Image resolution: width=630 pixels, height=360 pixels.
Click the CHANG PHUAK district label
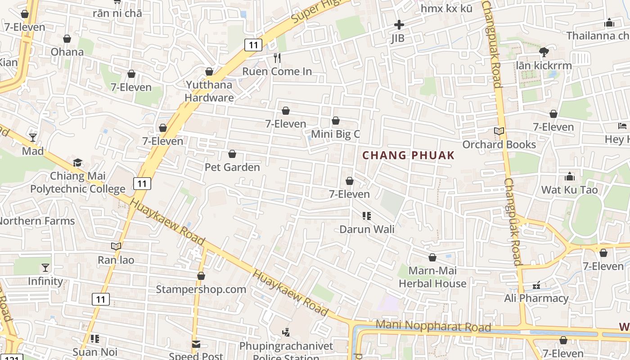[x=408, y=155]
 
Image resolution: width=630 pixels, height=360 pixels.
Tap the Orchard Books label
[x=499, y=144]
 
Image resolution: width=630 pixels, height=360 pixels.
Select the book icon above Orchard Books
[x=499, y=131]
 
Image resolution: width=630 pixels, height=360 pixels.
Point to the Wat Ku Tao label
[x=569, y=189]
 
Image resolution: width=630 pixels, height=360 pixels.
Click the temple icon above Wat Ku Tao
[x=570, y=176]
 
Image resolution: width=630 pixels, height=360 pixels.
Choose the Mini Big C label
[x=336, y=134]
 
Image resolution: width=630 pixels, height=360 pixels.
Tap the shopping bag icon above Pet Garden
[x=232, y=154]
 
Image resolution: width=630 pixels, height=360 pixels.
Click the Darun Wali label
[x=367, y=229]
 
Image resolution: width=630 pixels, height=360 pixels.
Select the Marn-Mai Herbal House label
[x=432, y=277]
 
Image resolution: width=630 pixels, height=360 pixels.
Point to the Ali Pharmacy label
[x=536, y=298]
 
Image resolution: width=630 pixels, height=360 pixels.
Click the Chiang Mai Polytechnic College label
[x=78, y=182]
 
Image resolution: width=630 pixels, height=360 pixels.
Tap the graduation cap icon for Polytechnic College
[x=78, y=162]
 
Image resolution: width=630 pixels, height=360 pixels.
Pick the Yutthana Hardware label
[x=209, y=91]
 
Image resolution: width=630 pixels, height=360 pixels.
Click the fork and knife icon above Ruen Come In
[x=277, y=58]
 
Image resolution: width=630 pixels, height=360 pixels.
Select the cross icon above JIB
[x=399, y=25]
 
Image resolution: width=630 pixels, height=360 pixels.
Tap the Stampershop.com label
[x=201, y=289]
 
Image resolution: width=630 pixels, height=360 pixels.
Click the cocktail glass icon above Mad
[x=33, y=137]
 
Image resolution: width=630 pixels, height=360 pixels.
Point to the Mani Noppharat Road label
[x=433, y=325]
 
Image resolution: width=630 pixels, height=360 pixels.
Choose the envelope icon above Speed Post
[x=196, y=344]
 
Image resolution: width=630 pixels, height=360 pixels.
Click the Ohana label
[x=67, y=52]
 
